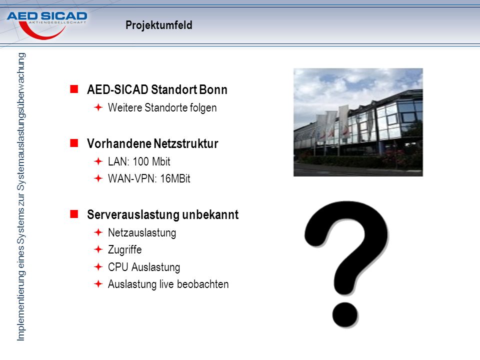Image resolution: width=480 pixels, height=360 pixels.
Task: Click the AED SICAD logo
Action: pyautogui.click(x=47, y=25)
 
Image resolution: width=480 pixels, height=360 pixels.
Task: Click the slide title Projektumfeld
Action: pyautogui.click(x=159, y=25)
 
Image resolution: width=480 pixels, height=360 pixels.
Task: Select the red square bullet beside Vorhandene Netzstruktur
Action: pyautogui.click(x=74, y=143)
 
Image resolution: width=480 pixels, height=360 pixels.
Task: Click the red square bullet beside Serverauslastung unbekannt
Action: pyautogui.click(x=74, y=214)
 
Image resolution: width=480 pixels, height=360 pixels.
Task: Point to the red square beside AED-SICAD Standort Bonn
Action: pyautogui.click(x=74, y=89)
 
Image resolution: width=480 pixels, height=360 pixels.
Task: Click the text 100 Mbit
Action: pyautogui.click(x=151, y=161)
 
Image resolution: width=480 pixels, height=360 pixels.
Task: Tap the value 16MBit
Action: pyautogui.click(x=175, y=178)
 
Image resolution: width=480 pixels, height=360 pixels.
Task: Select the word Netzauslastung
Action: pyautogui.click(x=142, y=233)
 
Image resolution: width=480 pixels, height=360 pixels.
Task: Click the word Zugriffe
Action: pyautogui.click(x=125, y=250)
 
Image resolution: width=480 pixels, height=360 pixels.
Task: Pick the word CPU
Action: pyautogui.click(x=118, y=267)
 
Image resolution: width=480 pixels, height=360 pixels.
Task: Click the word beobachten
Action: pyautogui.click(x=202, y=284)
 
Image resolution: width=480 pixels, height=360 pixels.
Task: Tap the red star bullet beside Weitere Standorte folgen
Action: pyautogui.click(x=98, y=107)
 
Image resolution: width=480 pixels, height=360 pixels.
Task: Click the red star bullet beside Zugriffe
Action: pyautogui.click(x=98, y=249)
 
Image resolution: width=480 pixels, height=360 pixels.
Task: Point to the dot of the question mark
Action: pyautogui.click(x=345, y=314)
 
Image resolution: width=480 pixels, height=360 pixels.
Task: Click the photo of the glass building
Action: pyautogui.click(x=358, y=122)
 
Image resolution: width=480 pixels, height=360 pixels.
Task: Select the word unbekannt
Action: pyautogui.click(x=210, y=214)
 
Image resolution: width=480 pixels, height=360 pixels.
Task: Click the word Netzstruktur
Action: pyautogui.click(x=186, y=143)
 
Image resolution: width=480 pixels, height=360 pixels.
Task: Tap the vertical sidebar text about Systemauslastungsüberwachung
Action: pyautogui.click(x=21, y=197)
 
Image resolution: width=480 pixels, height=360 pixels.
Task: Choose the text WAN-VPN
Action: pyautogui.click(x=132, y=178)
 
